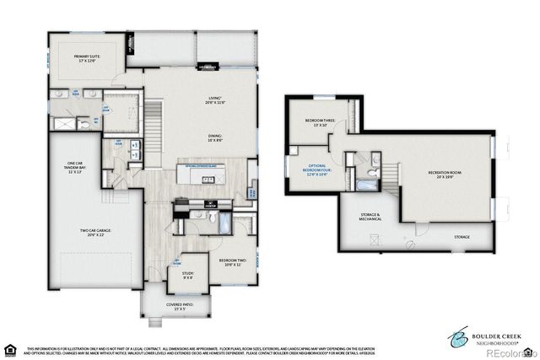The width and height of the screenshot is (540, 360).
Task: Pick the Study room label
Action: pyautogui.click(x=187, y=275)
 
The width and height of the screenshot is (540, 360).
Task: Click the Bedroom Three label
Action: pyautogui.click(x=321, y=123)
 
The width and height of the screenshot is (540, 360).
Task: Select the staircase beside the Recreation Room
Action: pyautogui.click(x=395, y=173)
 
